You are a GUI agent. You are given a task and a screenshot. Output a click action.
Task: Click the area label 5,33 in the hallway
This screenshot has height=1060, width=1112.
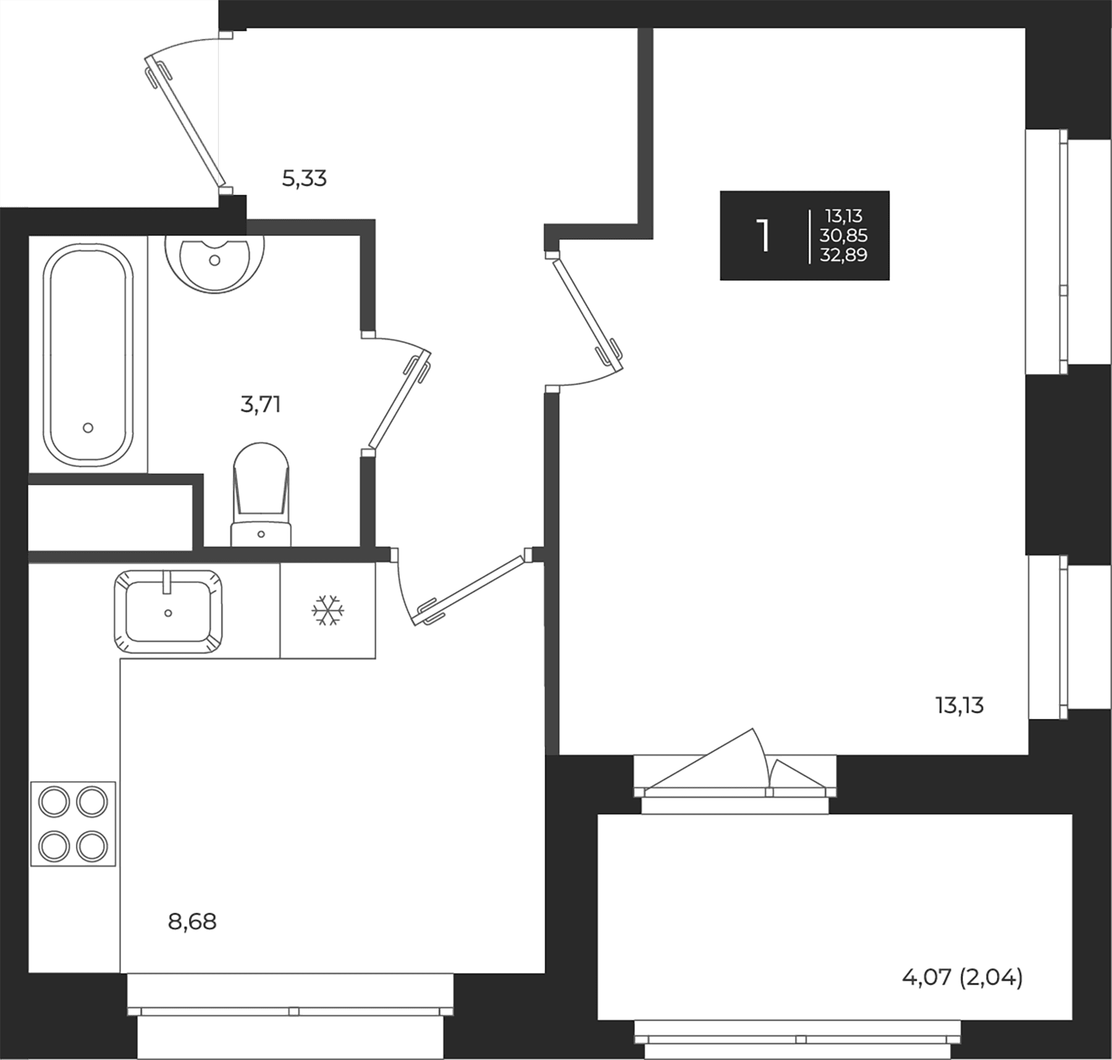304,179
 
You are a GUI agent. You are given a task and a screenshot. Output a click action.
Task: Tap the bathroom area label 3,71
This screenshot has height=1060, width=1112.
260,405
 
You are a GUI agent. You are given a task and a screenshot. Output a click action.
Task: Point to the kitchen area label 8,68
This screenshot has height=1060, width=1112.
192,922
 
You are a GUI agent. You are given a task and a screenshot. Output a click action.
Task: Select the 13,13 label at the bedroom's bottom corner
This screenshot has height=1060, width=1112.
959,705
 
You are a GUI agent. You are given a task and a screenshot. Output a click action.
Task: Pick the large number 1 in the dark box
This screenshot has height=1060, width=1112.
765,235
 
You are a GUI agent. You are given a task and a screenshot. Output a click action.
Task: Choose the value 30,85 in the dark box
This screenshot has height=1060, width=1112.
843,235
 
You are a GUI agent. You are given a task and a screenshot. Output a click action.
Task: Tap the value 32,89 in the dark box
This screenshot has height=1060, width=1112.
843,254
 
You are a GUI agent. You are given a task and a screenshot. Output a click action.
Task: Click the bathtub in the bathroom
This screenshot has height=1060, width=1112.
88,355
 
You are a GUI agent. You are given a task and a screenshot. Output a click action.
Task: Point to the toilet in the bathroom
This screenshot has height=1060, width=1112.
261,494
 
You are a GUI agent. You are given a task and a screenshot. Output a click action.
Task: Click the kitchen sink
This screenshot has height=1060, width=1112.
168,612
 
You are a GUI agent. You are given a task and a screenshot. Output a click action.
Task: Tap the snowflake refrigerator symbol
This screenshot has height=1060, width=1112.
327,610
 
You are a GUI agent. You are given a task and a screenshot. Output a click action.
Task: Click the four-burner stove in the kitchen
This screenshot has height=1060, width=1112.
73,824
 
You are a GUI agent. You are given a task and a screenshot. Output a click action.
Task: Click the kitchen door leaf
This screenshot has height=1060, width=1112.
472,590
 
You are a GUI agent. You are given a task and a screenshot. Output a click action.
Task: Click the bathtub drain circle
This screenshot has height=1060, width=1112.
88,427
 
